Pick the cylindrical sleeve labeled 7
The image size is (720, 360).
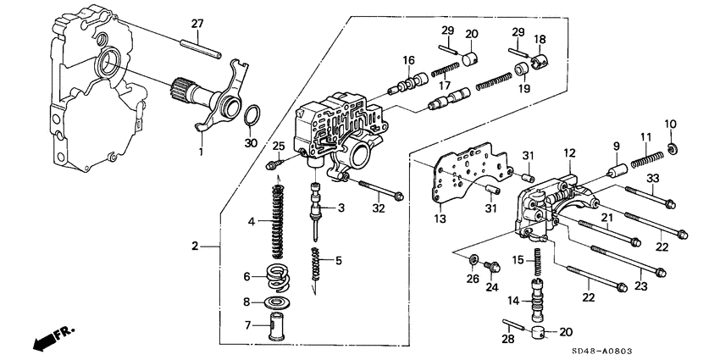pyautogui.click(x=277, y=324)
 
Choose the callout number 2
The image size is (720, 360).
pyautogui.click(x=195, y=246)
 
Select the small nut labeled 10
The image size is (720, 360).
pyautogui.click(x=671, y=150)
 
